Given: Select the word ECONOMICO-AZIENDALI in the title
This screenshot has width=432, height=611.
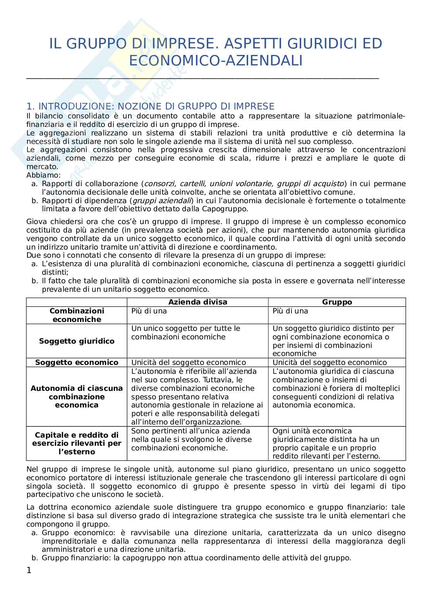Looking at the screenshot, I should (216, 61).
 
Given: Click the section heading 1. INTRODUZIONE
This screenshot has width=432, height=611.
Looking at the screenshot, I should (150, 106).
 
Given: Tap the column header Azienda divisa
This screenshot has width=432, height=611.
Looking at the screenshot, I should (197, 302).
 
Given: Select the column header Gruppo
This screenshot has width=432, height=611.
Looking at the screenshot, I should (337, 302).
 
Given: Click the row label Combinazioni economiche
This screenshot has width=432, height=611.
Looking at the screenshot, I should (77, 315).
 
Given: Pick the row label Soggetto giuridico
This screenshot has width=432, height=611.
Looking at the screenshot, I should (77, 341).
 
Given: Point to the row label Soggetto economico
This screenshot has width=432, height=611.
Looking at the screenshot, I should (77, 363).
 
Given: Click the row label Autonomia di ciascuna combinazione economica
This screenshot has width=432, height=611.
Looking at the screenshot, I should (77, 397).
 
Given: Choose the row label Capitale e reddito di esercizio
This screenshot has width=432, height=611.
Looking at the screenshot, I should (77, 443).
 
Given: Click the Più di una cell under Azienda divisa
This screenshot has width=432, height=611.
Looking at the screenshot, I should (149, 311).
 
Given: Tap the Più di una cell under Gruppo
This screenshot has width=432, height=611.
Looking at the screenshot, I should (290, 311).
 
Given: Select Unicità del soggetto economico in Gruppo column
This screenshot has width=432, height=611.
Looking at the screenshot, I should (329, 363).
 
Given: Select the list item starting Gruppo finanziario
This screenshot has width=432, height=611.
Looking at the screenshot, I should (196, 558).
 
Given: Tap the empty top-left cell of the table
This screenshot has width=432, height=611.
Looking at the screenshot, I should (77, 302).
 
